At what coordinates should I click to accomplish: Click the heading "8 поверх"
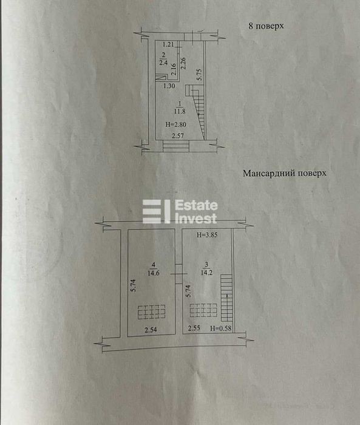point(266,26)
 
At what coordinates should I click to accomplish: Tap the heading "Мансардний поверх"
point(284,173)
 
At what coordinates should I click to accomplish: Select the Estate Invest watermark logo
point(180,212)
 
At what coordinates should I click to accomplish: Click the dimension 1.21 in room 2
point(168,44)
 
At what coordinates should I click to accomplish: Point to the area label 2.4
point(163,63)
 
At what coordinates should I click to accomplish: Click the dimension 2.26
point(183,63)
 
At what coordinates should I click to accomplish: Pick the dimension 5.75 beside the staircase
point(199,74)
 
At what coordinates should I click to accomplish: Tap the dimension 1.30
point(169,86)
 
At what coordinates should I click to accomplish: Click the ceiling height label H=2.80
point(175,124)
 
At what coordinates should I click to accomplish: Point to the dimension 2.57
point(178,136)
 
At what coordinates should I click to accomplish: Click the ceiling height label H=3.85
point(207,236)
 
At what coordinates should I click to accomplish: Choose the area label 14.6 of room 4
point(154,273)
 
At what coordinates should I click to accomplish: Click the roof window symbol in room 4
point(151,312)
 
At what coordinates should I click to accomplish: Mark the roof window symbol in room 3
point(203,310)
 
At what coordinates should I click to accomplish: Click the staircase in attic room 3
point(226,298)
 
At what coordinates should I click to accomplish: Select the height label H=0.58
point(221,328)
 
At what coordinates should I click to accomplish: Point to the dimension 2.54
point(151,330)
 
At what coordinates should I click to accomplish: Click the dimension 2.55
point(194,328)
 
